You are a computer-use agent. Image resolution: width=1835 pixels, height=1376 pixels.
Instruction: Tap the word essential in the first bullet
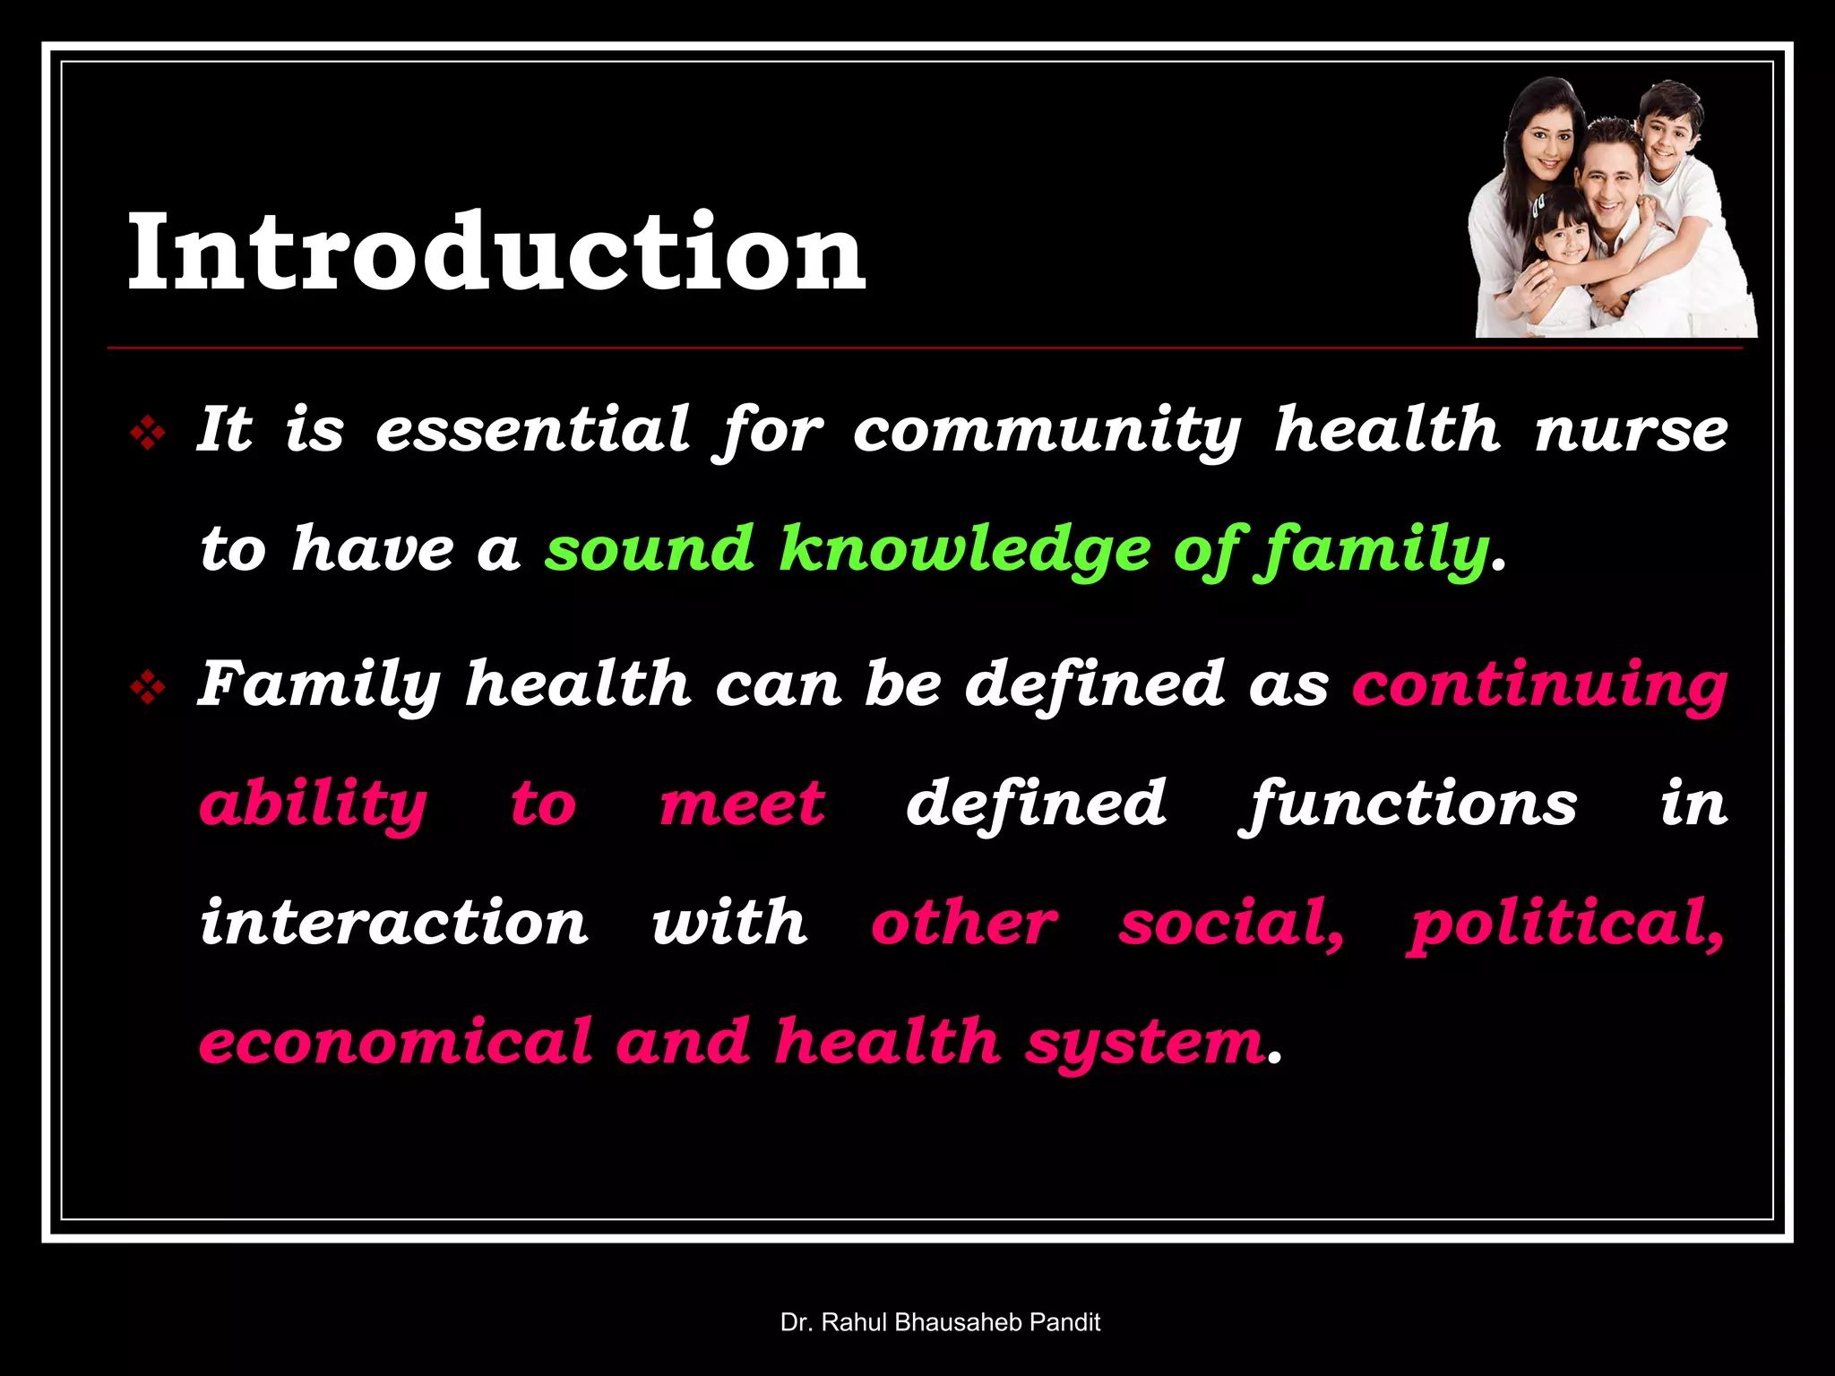click(x=533, y=429)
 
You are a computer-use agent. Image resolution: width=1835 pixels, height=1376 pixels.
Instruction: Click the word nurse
click(x=1632, y=429)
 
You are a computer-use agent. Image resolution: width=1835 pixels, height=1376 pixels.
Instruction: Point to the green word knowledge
click(x=964, y=549)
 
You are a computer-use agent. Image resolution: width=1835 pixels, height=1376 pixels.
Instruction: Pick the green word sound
click(x=650, y=549)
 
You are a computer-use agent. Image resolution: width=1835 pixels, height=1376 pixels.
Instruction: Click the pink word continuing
click(x=1539, y=685)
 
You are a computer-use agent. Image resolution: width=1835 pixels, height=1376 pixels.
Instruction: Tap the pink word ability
click(x=313, y=804)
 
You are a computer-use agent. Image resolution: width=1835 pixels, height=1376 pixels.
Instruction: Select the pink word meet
click(x=742, y=804)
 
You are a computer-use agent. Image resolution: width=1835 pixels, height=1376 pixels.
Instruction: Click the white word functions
click(x=1408, y=804)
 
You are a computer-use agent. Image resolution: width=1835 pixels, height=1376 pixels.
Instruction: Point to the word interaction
click(x=394, y=923)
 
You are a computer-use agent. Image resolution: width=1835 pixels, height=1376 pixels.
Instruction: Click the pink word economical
click(x=395, y=1042)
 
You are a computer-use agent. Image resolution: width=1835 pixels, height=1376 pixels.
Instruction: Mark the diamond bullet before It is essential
click(x=148, y=434)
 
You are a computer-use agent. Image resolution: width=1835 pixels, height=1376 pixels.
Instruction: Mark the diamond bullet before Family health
click(x=148, y=689)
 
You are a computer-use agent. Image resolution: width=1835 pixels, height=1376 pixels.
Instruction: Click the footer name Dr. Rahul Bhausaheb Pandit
click(x=940, y=1322)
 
